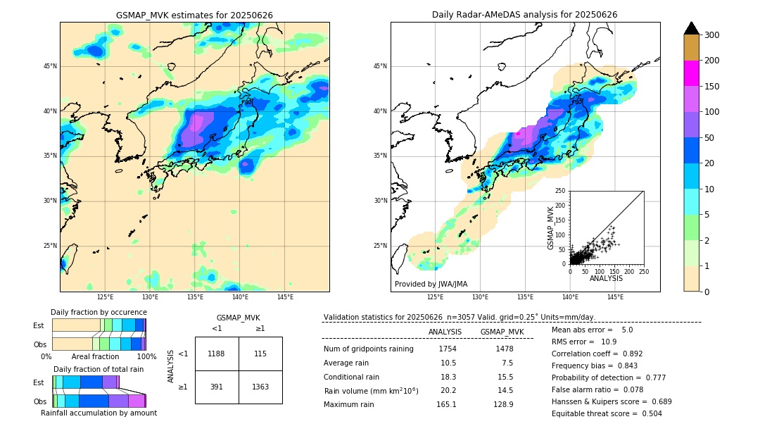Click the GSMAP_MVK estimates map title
pyautogui.click(x=194, y=15)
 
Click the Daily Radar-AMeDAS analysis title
pyautogui.click(x=524, y=15)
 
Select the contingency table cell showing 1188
pyautogui.click(x=217, y=354)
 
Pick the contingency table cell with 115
pyautogui.click(x=260, y=354)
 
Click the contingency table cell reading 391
pyautogui.click(x=217, y=387)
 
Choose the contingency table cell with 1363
pyautogui.click(x=260, y=387)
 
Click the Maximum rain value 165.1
pyautogui.click(x=447, y=404)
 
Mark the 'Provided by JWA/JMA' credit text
pyautogui.click(x=431, y=285)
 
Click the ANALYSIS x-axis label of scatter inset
pyautogui.click(x=606, y=279)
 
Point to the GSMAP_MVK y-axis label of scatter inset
pyautogui.click(x=552, y=227)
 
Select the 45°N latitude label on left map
pyautogui.click(x=50, y=66)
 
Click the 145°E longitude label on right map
pyautogui.click(x=615, y=297)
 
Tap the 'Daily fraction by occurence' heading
pyautogui.click(x=99, y=313)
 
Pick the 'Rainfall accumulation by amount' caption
pyautogui.click(x=99, y=413)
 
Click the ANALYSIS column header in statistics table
pyautogui.click(x=445, y=332)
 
